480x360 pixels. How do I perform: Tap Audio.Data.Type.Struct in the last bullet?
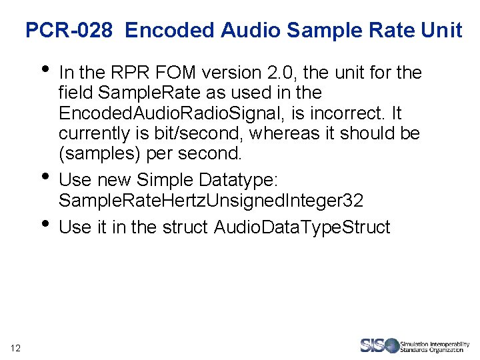302,227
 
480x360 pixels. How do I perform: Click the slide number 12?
17,347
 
